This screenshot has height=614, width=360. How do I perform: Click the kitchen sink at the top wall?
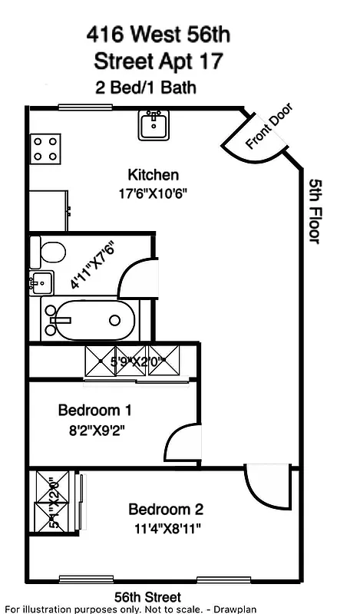(x=154, y=125)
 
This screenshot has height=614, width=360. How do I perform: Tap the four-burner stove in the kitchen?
(x=45, y=148)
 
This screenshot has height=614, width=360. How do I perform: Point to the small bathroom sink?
(x=41, y=282)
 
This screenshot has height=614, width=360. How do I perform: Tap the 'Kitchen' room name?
(x=154, y=175)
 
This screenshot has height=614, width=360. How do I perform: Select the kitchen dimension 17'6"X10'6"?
(x=154, y=193)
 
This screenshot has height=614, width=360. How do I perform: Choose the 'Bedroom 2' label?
(x=166, y=509)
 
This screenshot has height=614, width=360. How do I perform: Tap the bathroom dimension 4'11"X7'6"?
(x=92, y=265)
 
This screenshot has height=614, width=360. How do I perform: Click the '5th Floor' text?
(x=315, y=211)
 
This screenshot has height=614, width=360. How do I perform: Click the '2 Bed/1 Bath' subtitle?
(x=145, y=87)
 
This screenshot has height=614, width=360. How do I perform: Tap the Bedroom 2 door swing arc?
(x=266, y=487)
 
